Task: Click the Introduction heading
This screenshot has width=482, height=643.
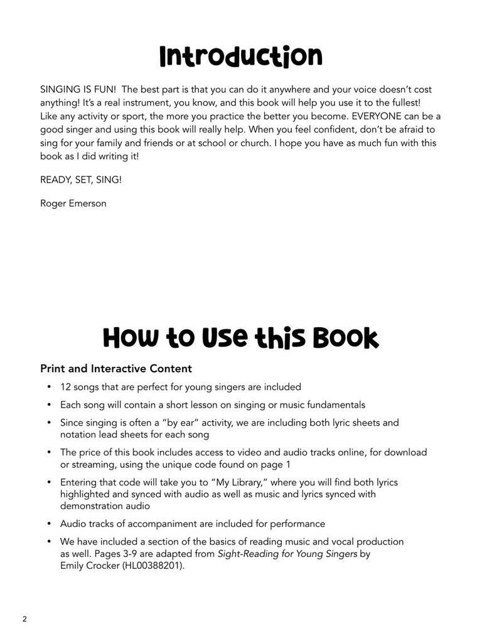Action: [x=240, y=57]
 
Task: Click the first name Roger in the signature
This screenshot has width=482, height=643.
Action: [x=53, y=203]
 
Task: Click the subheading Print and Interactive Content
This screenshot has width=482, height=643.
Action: [x=116, y=369]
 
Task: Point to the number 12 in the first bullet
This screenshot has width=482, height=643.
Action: [x=65, y=387]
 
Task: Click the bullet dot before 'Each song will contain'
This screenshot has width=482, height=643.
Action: [x=49, y=405]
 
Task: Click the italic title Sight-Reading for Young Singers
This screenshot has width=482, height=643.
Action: [x=287, y=553]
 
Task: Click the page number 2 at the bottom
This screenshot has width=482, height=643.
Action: [x=24, y=619]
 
